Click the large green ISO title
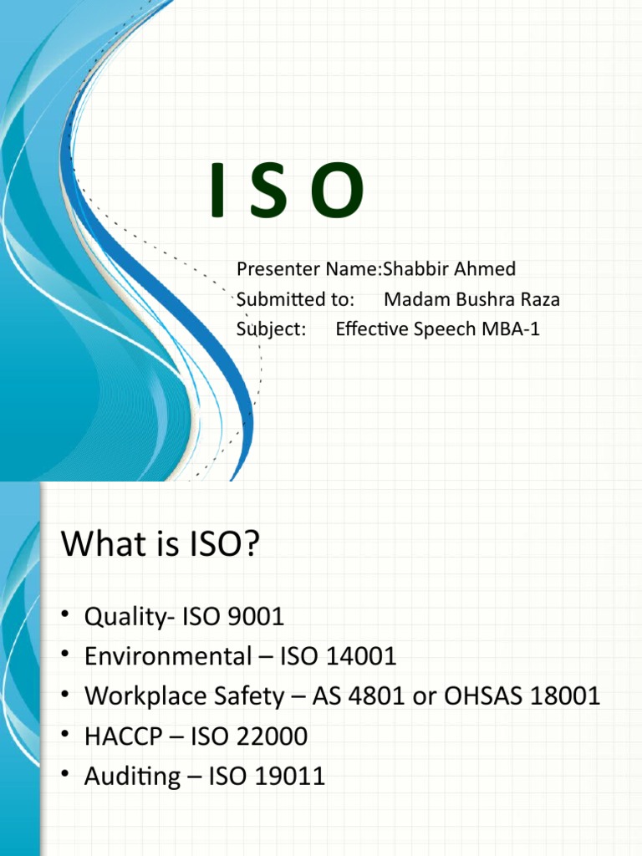tap(288, 191)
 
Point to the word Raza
tap(539, 299)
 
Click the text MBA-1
tap(511, 329)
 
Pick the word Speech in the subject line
tap(445, 329)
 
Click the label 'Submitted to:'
tap(296, 299)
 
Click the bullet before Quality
tap(64, 617)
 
